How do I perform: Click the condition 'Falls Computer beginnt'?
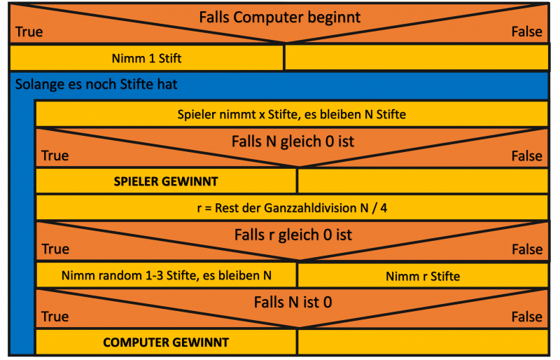279,18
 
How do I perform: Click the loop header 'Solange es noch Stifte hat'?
96,85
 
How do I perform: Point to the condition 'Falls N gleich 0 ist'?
293,141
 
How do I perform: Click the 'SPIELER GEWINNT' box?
166,181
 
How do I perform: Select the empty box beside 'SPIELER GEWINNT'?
422,181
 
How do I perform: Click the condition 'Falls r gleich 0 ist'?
293,235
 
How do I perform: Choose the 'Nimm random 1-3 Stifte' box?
166,275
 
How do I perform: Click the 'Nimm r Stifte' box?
422,276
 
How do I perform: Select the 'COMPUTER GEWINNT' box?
166,342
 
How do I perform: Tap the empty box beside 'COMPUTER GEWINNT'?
422,342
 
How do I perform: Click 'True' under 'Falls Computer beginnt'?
29,32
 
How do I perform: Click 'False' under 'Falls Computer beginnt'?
526,32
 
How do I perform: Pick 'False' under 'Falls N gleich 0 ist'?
526,155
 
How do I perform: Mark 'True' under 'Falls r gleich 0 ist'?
55,249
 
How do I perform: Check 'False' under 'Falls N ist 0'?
526,317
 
